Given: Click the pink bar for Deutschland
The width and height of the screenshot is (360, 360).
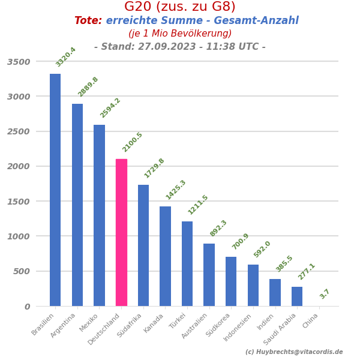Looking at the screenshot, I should [x=121, y=232].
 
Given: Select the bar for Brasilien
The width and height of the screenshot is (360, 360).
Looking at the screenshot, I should [x=55, y=190].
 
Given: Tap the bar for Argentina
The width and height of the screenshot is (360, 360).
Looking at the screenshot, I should [x=77, y=205].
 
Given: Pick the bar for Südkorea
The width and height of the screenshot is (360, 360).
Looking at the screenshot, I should [x=231, y=281].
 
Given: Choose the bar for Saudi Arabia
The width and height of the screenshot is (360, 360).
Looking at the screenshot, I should [x=297, y=296].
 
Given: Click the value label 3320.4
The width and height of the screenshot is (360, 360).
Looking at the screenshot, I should [x=66, y=57].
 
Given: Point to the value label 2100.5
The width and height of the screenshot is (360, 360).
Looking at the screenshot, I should [x=133, y=142].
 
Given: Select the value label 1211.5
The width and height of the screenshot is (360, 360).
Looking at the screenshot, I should [x=198, y=205].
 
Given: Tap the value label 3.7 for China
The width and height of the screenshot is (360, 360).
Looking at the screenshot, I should [x=325, y=294].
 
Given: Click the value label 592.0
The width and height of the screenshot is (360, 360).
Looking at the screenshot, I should [x=262, y=249].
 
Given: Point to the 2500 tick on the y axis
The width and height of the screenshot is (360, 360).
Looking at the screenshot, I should [x=19, y=131].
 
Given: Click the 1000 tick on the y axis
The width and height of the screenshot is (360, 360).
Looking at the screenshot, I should [x=19, y=236].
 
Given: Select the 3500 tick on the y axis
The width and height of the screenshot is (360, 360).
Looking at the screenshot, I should [x=19, y=62].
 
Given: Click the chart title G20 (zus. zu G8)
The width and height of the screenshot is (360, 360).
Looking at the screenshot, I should [x=180, y=7].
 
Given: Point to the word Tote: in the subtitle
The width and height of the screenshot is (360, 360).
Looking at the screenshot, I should [x=88, y=21].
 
